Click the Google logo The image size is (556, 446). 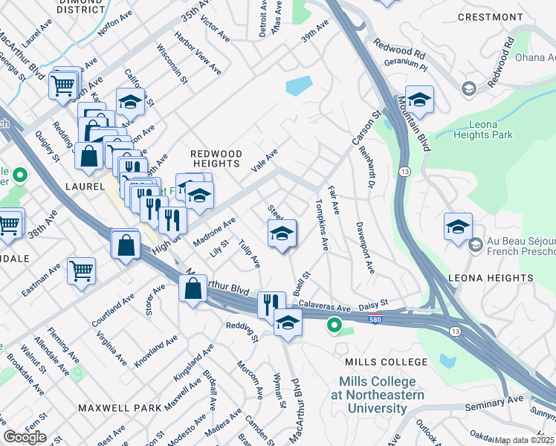25,437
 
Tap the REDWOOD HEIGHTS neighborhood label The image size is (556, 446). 216,158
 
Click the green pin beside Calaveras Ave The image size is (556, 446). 334,325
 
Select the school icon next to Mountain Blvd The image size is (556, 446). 419,100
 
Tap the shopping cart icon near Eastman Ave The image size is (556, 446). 81,270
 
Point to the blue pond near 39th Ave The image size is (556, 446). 299,86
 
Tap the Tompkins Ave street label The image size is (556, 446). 322,223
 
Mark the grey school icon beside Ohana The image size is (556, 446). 468,89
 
